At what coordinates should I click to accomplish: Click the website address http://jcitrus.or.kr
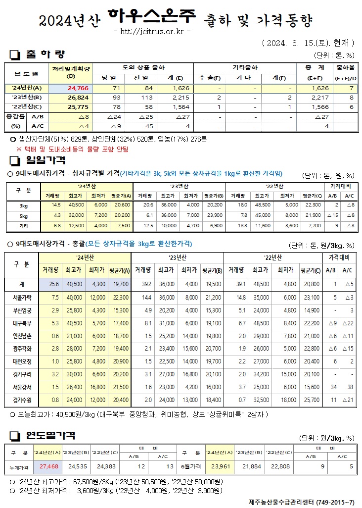point(152,32)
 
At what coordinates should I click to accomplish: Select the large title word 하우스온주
point(152,19)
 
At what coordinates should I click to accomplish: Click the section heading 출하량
point(45,54)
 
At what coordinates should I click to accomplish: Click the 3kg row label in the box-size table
point(23,205)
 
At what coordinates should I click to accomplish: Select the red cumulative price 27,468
point(49,466)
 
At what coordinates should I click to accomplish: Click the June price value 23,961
point(221,466)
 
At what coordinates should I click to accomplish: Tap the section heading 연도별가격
point(50,436)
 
